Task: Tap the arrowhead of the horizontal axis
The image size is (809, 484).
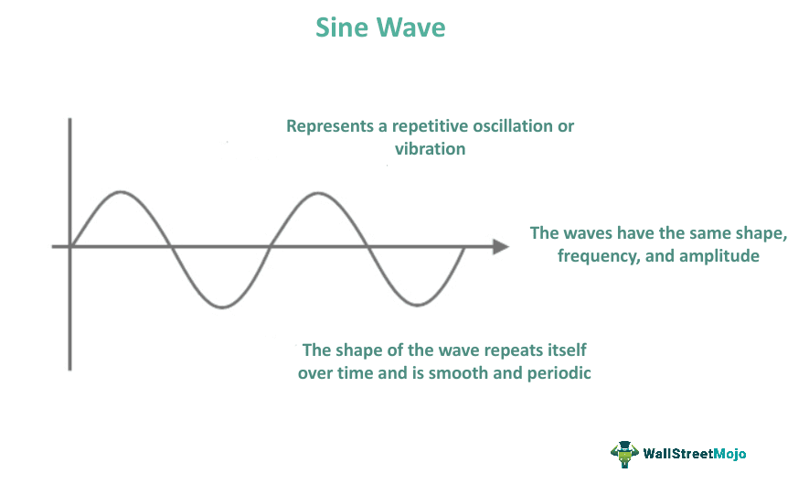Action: (x=500, y=247)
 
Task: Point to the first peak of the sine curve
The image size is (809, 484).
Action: (x=121, y=192)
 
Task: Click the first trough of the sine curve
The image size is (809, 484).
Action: (x=220, y=307)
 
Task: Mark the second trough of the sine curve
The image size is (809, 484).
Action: (x=417, y=305)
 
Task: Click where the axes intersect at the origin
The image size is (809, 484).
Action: (x=70, y=247)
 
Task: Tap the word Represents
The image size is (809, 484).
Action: (x=329, y=126)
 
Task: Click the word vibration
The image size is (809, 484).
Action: (x=430, y=148)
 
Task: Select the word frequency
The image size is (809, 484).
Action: (x=599, y=256)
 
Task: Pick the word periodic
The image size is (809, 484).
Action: (x=555, y=373)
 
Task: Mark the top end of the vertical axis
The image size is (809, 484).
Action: (x=70, y=120)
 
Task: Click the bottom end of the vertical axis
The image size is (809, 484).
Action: (x=70, y=369)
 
